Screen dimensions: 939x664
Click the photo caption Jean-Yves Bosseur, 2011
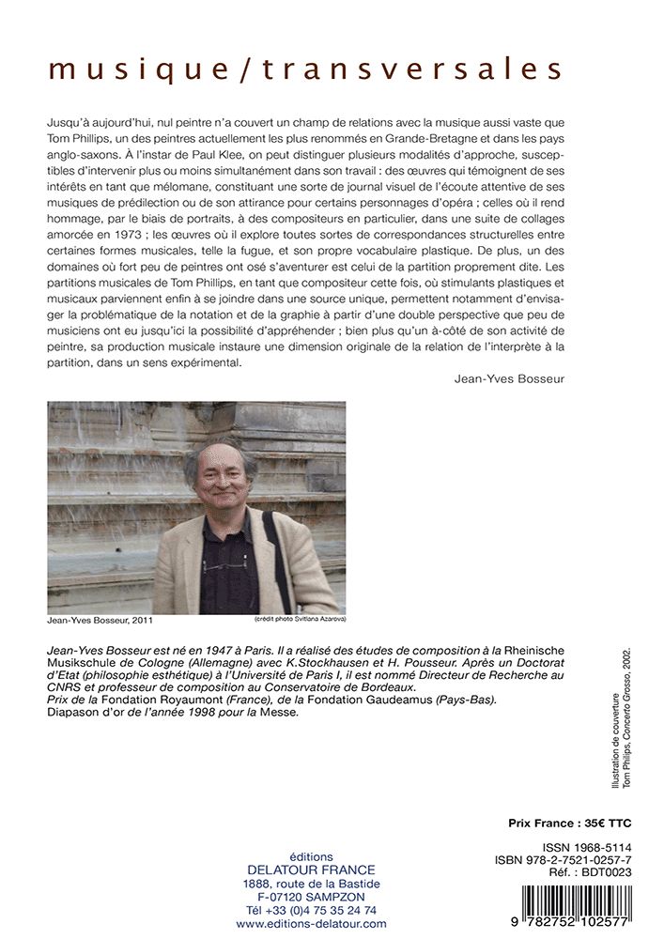(100, 621)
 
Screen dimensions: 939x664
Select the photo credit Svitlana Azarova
(300, 620)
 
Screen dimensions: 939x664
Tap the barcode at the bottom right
(566, 907)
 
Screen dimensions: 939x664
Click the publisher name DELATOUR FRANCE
(311, 870)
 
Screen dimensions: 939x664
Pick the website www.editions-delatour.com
(311, 924)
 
